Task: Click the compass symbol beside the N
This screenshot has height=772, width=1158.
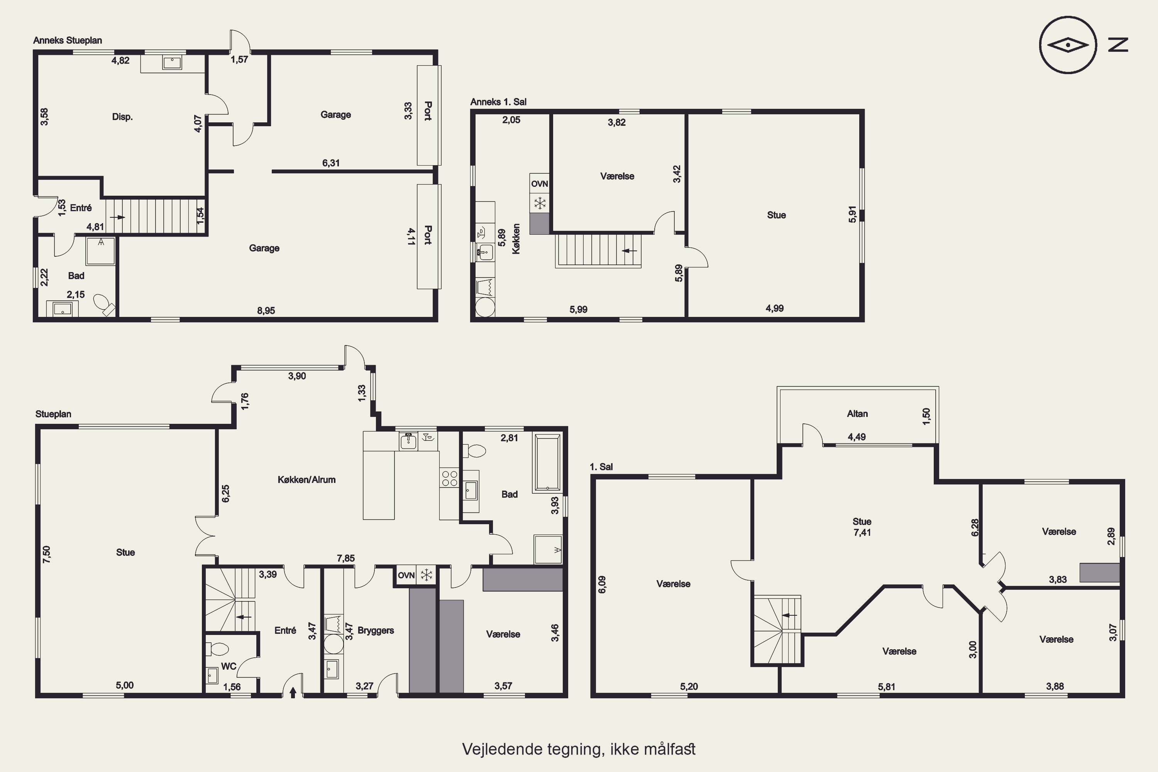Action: [1068, 45]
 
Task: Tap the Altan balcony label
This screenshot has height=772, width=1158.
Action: [857, 413]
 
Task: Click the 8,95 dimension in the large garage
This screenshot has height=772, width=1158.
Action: [266, 311]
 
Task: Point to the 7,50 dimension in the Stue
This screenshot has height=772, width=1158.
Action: [46, 554]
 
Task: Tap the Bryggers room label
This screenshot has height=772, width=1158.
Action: [376, 630]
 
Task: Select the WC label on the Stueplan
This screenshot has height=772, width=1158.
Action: [229, 666]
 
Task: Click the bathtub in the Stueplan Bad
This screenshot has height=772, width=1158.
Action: [547, 463]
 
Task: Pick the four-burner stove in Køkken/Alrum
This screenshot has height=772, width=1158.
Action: [450, 478]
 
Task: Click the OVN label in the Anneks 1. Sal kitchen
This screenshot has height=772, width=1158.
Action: [540, 184]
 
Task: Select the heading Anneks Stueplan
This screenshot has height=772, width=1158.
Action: [68, 41]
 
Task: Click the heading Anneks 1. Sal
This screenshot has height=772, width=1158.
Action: [498, 102]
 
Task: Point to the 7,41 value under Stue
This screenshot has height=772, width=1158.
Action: [862, 532]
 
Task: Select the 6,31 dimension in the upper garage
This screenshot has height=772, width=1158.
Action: [331, 163]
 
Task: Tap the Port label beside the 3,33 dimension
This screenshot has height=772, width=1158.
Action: [428, 111]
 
